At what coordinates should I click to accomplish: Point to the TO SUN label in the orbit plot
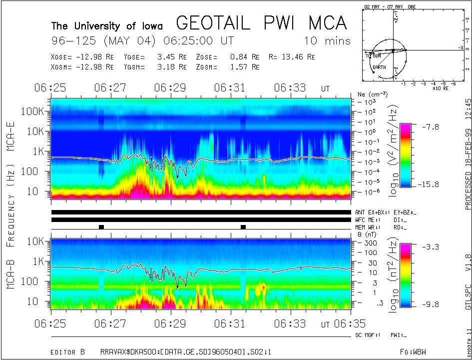coord(373,55)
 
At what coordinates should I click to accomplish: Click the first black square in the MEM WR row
coord(101,227)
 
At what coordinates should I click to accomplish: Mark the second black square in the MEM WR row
coord(243,227)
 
